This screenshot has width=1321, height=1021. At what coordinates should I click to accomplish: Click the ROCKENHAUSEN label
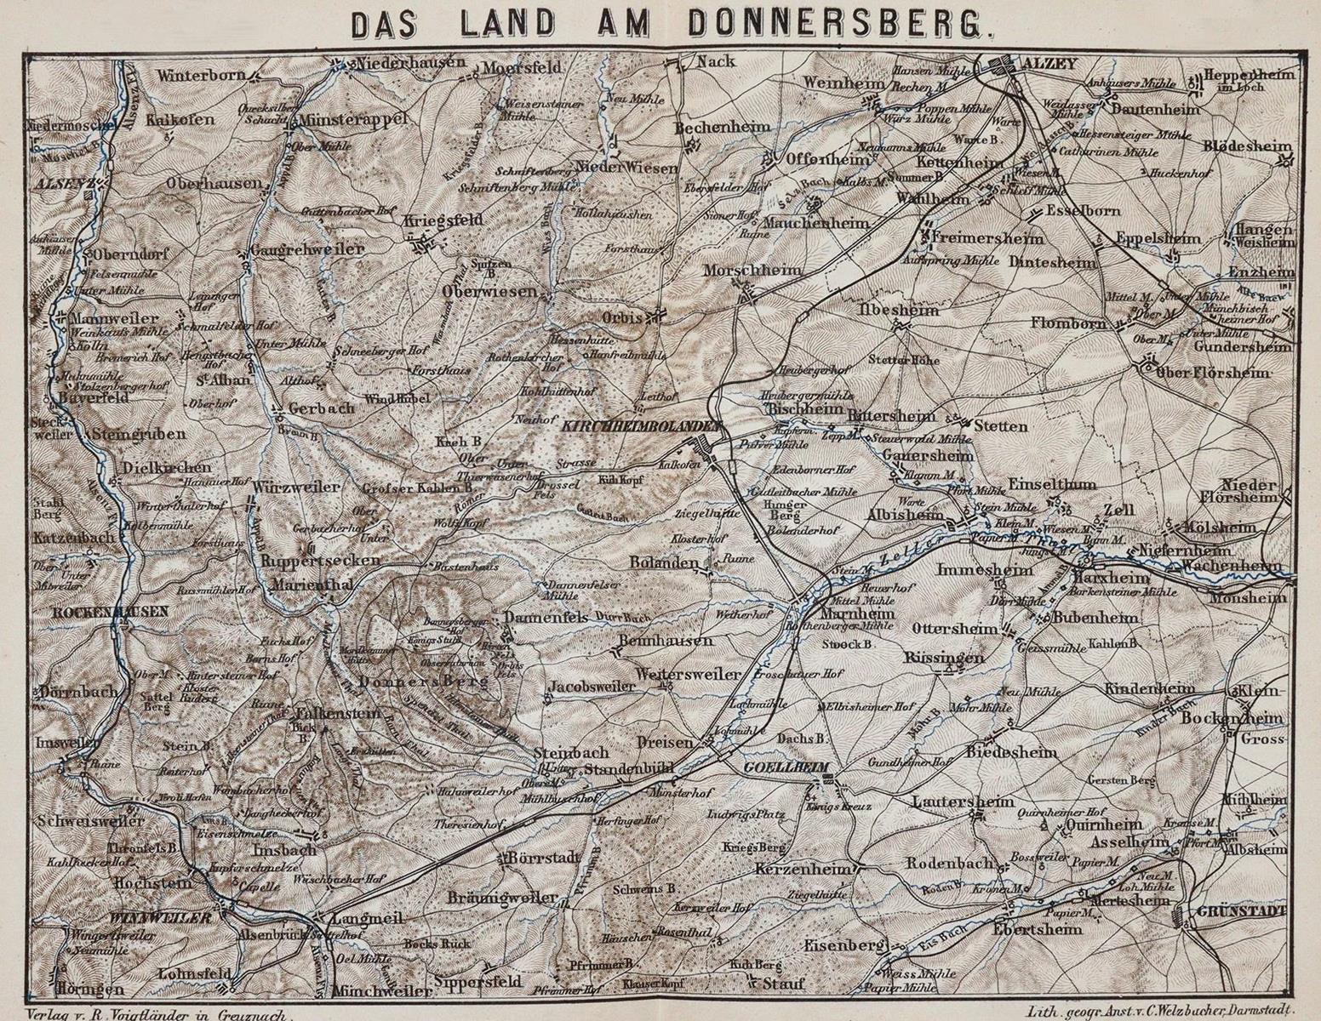point(99,612)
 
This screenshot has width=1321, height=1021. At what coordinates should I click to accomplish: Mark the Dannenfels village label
point(546,617)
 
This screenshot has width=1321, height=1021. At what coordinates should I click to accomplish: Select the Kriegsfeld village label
point(443,220)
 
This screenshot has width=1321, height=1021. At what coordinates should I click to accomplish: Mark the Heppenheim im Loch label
point(1249,80)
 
